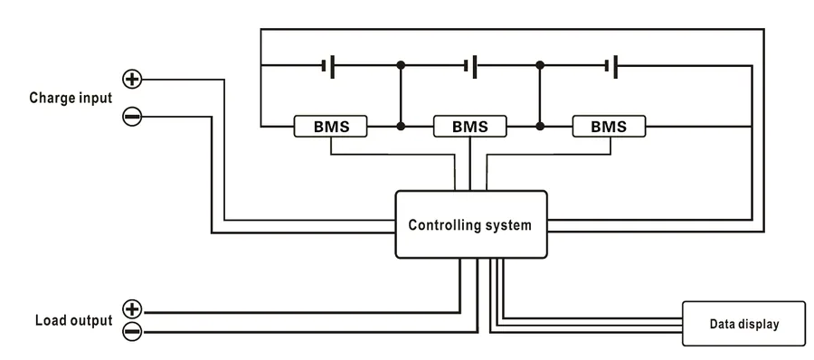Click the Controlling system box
point(471,224)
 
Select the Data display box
point(743,324)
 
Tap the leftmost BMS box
point(331,127)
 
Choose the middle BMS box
point(469,127)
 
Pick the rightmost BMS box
point(609,127)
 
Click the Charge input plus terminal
point(132,79)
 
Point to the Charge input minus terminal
point(132,117)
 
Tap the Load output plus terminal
point(132,309)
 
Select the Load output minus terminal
point(132,331)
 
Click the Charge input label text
point(71,99)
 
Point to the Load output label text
point(74,320)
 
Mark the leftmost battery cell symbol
point(328,66)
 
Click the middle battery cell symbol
point(471,66)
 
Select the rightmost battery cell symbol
point(611,66)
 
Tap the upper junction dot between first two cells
point(401,65)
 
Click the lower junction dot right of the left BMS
point(401,126)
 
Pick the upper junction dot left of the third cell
point(540,65)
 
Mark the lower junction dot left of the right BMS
point(540,126)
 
